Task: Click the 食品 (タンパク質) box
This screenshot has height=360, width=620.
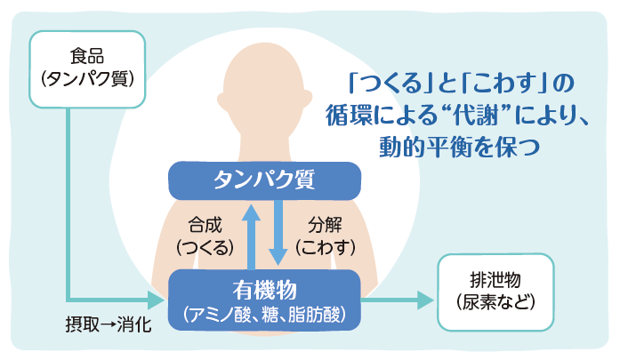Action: point(86,68)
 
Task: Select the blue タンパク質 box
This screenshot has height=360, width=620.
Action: point(264,180)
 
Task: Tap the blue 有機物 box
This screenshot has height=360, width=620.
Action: point(264,300)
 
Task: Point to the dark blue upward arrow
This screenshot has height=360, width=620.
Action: point(252,235)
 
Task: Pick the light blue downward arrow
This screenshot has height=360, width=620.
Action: point(278,235)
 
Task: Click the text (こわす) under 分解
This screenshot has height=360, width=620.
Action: point(326,246)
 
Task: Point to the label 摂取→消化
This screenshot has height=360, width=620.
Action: point(108,322)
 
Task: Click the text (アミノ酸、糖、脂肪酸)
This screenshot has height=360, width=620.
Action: point(264,313)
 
